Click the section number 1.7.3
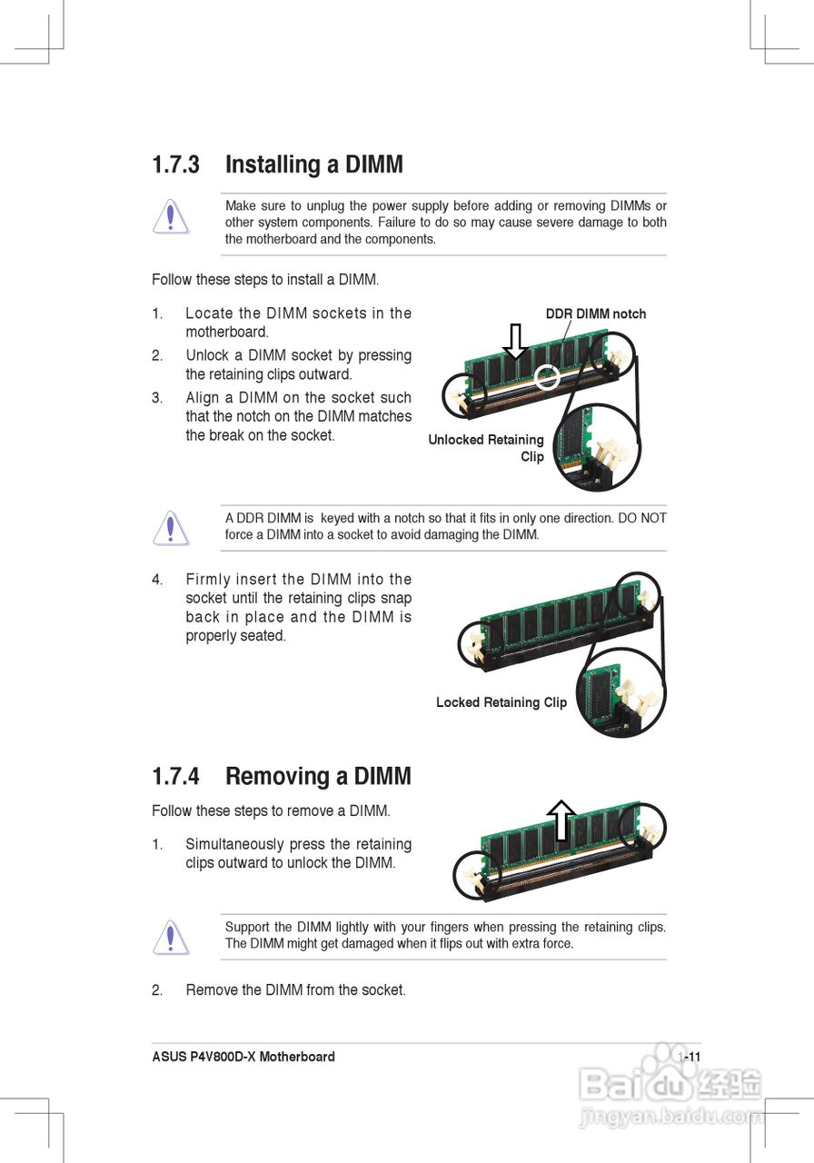(x=175, y=164)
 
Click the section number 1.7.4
(x=175, y=776)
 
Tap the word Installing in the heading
(x=273, y=165)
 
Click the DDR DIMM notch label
(x=596, y=313)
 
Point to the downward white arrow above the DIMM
(x=515, y=341)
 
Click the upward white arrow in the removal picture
(x=561, y=820)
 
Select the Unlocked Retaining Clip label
(x=486, y=448)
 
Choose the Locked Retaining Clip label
(x=501, y=702)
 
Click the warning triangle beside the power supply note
(x=171, y=216)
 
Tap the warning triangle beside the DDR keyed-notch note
(x=171, y=528)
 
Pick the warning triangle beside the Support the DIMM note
(x=171, y=937)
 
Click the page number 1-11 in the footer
(x=690, y=1057)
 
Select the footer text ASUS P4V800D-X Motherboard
(x=243, y=1057)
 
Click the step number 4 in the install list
(x=157, y=580)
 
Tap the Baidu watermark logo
(x=670, y=1082)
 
